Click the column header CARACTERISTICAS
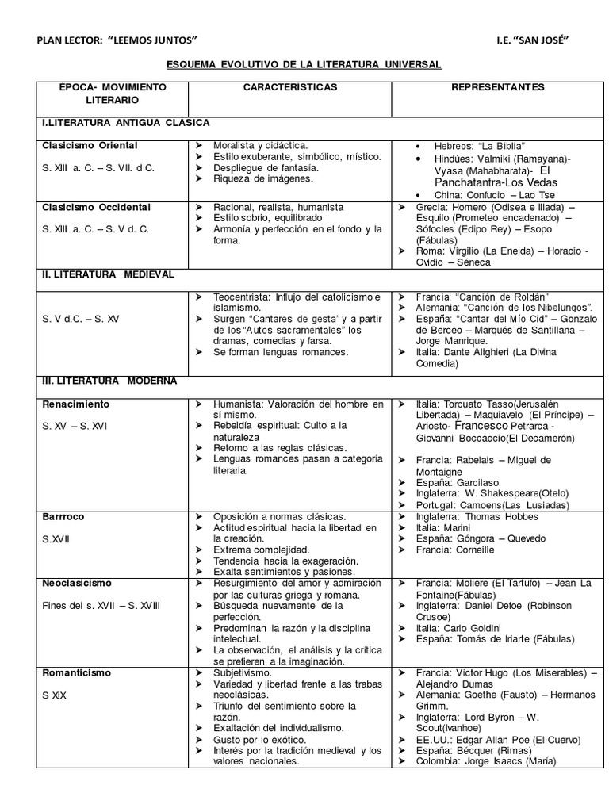click(x=289, y=86)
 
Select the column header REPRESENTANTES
click(x=497, y=86)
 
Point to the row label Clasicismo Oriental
click(x=90, y=145)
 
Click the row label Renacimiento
click(x=76, y=404)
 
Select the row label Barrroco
click(x=63, y=516)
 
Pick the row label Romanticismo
click(x=77, y=672)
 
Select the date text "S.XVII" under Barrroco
click(x=56, y=538)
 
